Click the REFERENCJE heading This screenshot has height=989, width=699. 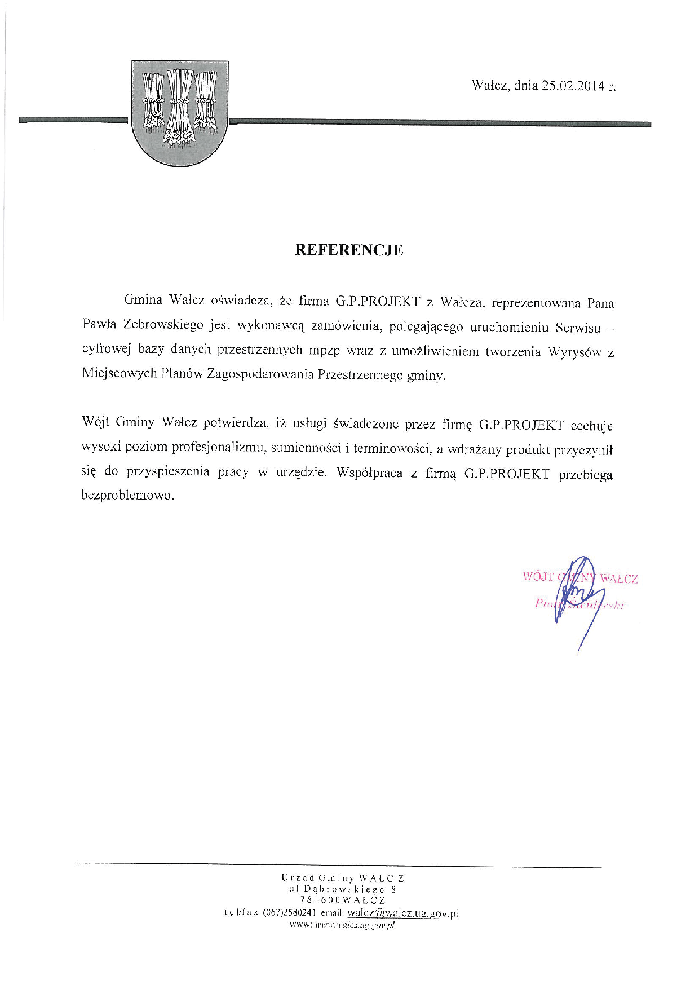(x=349, y=250)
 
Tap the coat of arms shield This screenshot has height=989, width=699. (x=179, y=113)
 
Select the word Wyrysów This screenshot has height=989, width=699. (x=571, y=352)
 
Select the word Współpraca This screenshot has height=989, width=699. (x=369, y=473)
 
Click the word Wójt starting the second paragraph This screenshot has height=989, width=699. (x=95, y=423)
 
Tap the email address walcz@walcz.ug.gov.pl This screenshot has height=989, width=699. (x=403, y=913)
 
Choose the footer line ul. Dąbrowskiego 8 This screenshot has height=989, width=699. (x=343, y=889)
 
